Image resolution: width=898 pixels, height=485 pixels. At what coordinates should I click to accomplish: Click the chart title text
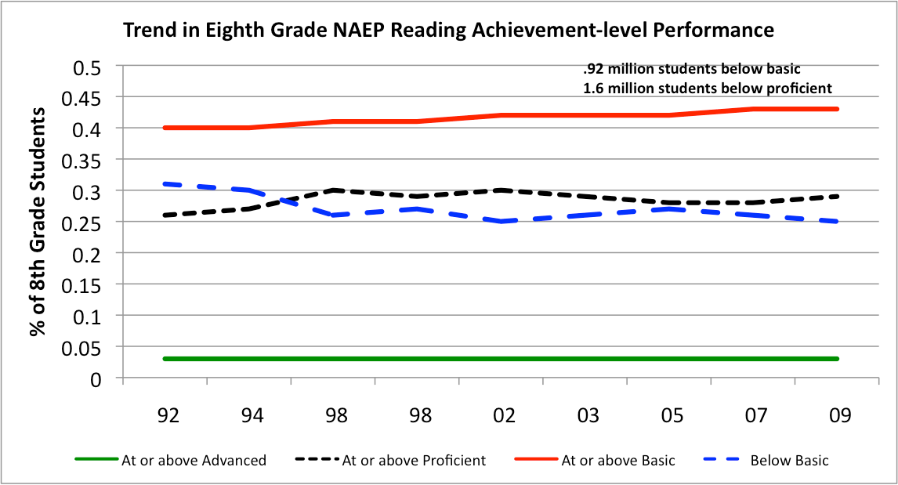point(447,31)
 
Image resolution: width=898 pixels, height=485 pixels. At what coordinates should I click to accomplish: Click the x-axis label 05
point(671,415)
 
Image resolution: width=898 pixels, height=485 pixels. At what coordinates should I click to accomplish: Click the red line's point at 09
point(838,109)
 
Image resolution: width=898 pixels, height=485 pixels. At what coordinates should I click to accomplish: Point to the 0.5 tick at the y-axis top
point(92,67)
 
